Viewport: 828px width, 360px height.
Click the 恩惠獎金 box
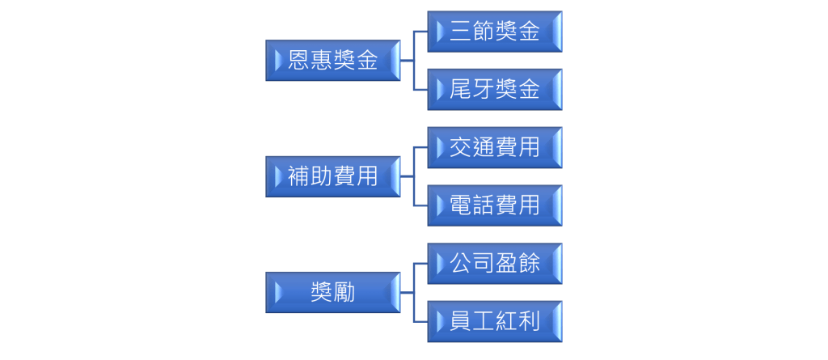(332, 60)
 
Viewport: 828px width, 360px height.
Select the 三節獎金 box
(495, 32)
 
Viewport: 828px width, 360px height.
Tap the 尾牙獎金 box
(495, 89)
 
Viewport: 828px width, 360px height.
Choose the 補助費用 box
(332, 176)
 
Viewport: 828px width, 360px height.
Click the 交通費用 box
(495, 147)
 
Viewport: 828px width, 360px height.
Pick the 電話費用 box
(495, 205)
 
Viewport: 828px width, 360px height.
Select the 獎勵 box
(332, 292)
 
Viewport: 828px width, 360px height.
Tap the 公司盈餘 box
(495, 263)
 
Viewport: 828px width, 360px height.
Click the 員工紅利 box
(495, 321)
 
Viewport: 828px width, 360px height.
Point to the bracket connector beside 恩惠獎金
(414, 60)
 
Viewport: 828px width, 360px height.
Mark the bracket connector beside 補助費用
(414, 176)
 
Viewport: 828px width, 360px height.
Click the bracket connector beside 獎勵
(414, 292)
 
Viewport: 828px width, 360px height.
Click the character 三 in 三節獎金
(460, 32)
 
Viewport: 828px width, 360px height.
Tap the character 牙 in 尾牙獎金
(484, 89)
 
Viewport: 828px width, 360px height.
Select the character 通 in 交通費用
(484, 147)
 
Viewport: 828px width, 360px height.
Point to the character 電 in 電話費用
(460, 205)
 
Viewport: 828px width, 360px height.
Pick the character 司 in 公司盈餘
(484, 263)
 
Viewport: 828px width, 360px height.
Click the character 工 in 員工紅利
(484, 321)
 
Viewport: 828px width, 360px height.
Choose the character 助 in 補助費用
(321, 176)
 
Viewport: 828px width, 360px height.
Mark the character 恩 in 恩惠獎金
(298, 60)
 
